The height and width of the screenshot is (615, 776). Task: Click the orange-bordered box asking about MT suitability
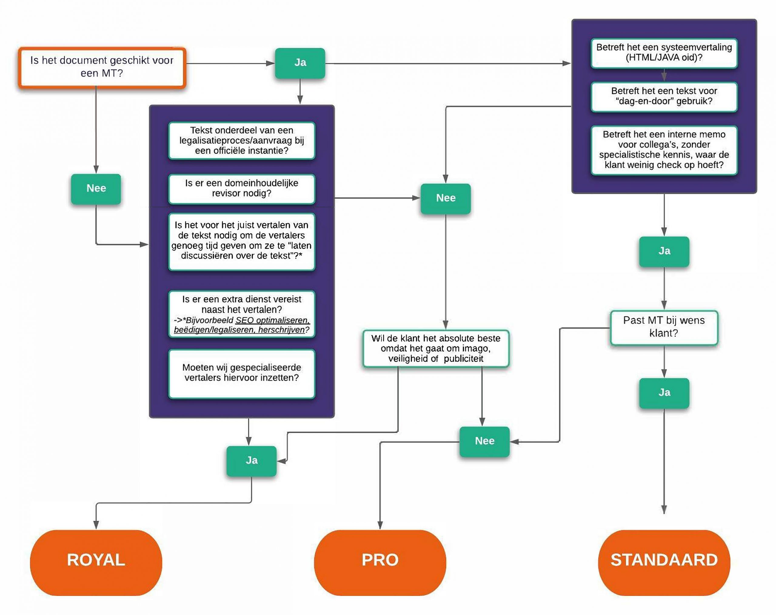coord(102,67)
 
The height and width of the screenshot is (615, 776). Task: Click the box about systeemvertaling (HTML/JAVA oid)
coord(664,53)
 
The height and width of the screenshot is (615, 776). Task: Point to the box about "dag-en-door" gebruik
coord(664,96)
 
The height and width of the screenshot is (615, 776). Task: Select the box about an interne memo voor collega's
coord(664,150)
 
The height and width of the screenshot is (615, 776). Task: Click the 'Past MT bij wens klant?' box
coord(664,327)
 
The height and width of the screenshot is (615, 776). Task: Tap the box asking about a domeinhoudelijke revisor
coord(242,188)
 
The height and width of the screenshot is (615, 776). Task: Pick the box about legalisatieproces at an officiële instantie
coord(242,141)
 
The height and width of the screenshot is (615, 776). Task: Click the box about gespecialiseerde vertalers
coord(242,373)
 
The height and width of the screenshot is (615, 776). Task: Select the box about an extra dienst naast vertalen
coord(242,314)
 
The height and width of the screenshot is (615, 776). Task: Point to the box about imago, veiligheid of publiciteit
coord(436,348)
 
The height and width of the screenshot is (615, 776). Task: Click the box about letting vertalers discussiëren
coord(242,241)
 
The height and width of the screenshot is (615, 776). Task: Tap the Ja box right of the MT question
coord(300,63)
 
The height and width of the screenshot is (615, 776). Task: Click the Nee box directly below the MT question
coord(96,189)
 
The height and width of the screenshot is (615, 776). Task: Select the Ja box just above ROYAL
coord(252,461)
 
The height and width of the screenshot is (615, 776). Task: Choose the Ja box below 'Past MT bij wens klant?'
coord(664,393)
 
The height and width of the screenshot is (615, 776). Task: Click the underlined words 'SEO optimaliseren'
coord(273,320)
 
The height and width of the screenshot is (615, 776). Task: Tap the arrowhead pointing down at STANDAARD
coord(664,510)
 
